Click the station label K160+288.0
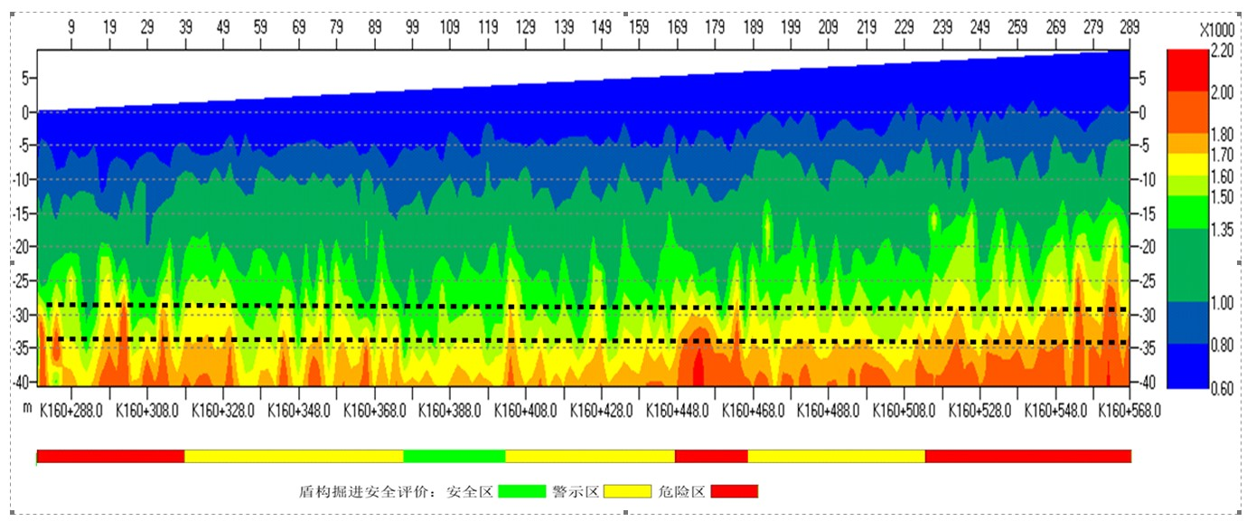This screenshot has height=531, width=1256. coord(71,410)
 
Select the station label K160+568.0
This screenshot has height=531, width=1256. coord(1129,410)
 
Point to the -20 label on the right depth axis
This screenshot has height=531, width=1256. coord(1144,246)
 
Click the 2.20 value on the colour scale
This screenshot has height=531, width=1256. coord(1222,52)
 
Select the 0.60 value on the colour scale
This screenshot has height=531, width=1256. coord(1222,388)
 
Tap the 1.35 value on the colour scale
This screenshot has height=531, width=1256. coord(1222,231)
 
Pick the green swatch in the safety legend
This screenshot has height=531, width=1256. coord(522,491)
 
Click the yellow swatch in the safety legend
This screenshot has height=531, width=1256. coord(627,491)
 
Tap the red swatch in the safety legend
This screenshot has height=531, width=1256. coord(734,491)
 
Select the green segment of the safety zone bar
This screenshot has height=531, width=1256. coord(454,456)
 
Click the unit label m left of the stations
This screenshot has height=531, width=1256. coord(27,409)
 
